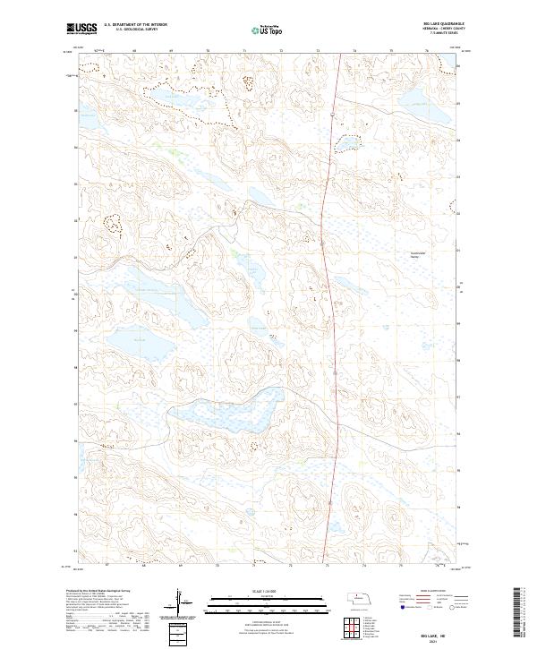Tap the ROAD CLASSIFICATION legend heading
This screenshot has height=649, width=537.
tap(425, 592)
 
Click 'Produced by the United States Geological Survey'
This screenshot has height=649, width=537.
tap(107, 592)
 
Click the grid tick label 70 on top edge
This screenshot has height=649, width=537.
tap(207, 52)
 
